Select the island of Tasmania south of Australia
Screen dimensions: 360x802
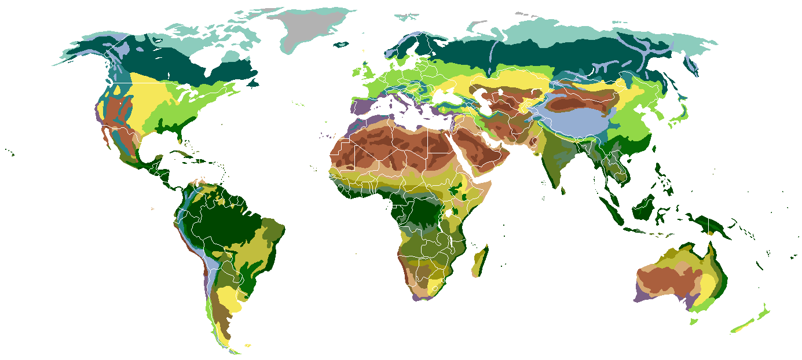(694, 322)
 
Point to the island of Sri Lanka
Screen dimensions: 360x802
(563, 189)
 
